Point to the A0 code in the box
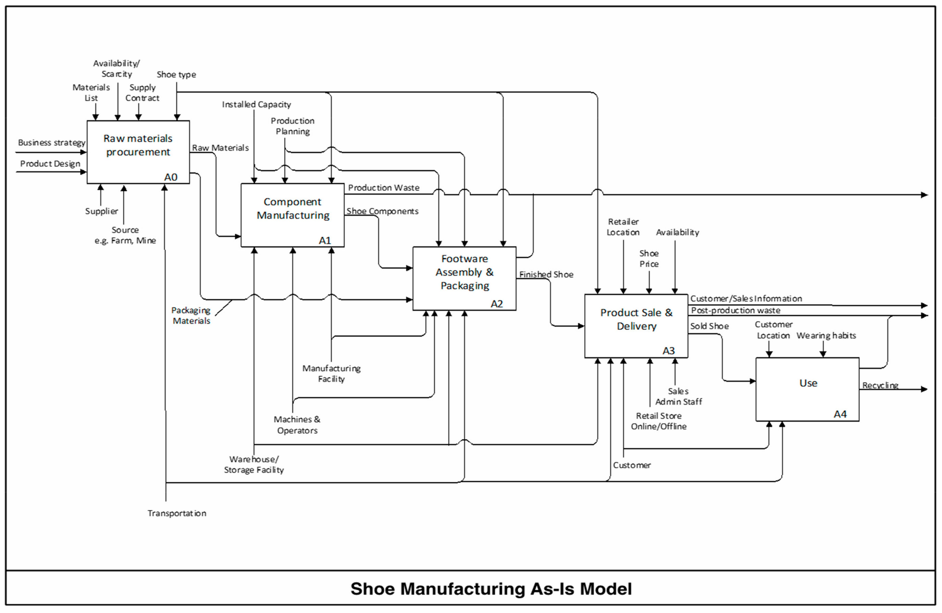(171, 177)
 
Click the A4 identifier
(840, 414)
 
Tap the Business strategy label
(52, 143)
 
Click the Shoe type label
(176, 74)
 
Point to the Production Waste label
(384, 188)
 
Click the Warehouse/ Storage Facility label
(254, 465)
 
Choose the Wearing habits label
(826, 335)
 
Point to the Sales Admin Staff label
(678, 396)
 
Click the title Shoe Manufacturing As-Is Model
(491, 589)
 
